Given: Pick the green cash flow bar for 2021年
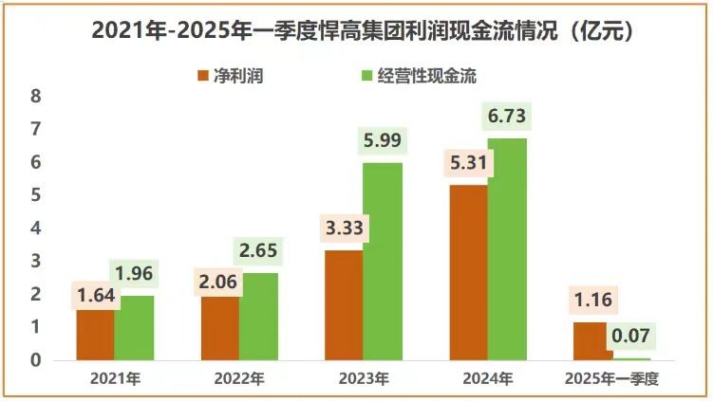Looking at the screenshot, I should [134, 328].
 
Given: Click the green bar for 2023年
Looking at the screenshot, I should [383, 262].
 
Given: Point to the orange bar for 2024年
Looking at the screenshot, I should [468, 273].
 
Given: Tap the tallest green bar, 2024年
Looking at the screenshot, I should [507, 249].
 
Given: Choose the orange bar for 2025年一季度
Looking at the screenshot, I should [592, 341].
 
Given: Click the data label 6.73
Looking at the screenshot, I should [506, 118].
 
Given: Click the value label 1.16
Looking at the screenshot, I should [591, 301].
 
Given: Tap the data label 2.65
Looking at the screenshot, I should [258, 252].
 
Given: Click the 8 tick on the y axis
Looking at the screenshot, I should [36, 97].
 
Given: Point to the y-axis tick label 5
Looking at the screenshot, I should [36, 195].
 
